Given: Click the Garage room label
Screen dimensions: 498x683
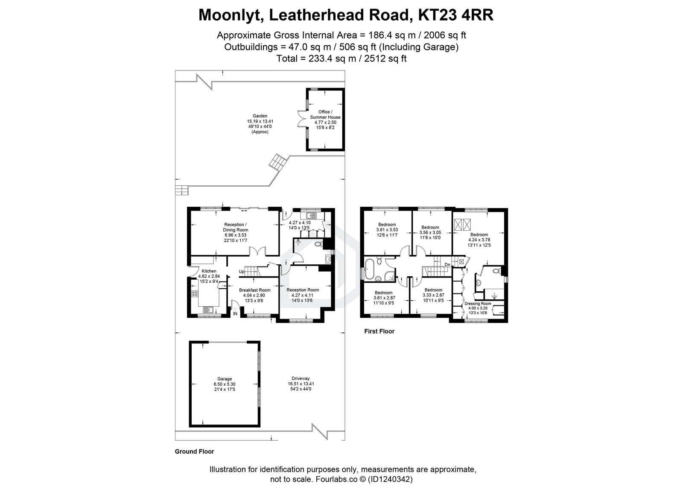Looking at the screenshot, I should (x=225, y=379).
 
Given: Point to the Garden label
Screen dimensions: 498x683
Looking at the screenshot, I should (x=260, y=116).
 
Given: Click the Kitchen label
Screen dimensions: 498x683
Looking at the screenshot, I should (x=209, y=271).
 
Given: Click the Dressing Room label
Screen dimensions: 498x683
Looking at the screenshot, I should (x=478, y=304).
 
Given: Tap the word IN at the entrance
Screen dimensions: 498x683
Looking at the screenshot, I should (x=235, y=314).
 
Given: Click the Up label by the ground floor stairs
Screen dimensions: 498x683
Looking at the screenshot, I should (x=241, y=272).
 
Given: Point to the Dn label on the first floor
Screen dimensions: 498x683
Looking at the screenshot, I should (x=447, y=265).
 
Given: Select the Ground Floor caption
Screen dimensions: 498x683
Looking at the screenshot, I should (x=194, y=451).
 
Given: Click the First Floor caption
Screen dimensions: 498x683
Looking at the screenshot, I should (x=379, y=331).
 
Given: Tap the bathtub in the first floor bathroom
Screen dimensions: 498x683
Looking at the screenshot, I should (x=369, y=268).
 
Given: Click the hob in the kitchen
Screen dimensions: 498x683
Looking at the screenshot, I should (x=195, y=293).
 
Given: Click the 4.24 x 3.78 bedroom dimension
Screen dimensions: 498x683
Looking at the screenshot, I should (x=479, y=240).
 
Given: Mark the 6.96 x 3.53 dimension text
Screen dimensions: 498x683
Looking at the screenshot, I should (x=235, y=235).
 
